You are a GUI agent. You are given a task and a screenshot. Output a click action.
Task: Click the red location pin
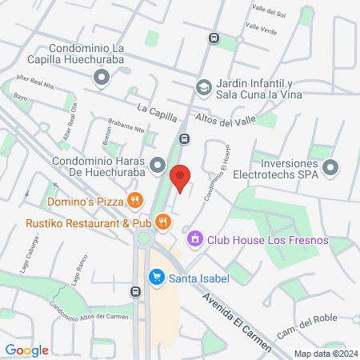coord(181,178)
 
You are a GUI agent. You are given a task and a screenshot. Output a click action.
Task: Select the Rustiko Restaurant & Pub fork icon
coord(163,222)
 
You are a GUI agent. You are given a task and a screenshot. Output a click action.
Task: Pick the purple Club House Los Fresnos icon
coord(194,239)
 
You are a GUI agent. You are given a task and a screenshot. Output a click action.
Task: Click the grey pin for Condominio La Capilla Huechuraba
coord(101,78)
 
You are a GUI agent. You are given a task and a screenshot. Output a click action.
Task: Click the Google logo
coord(26,350)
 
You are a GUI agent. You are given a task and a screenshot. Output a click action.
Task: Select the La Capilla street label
coord(156,107)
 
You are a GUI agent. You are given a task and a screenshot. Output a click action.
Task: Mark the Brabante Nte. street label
coord(127,127)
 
